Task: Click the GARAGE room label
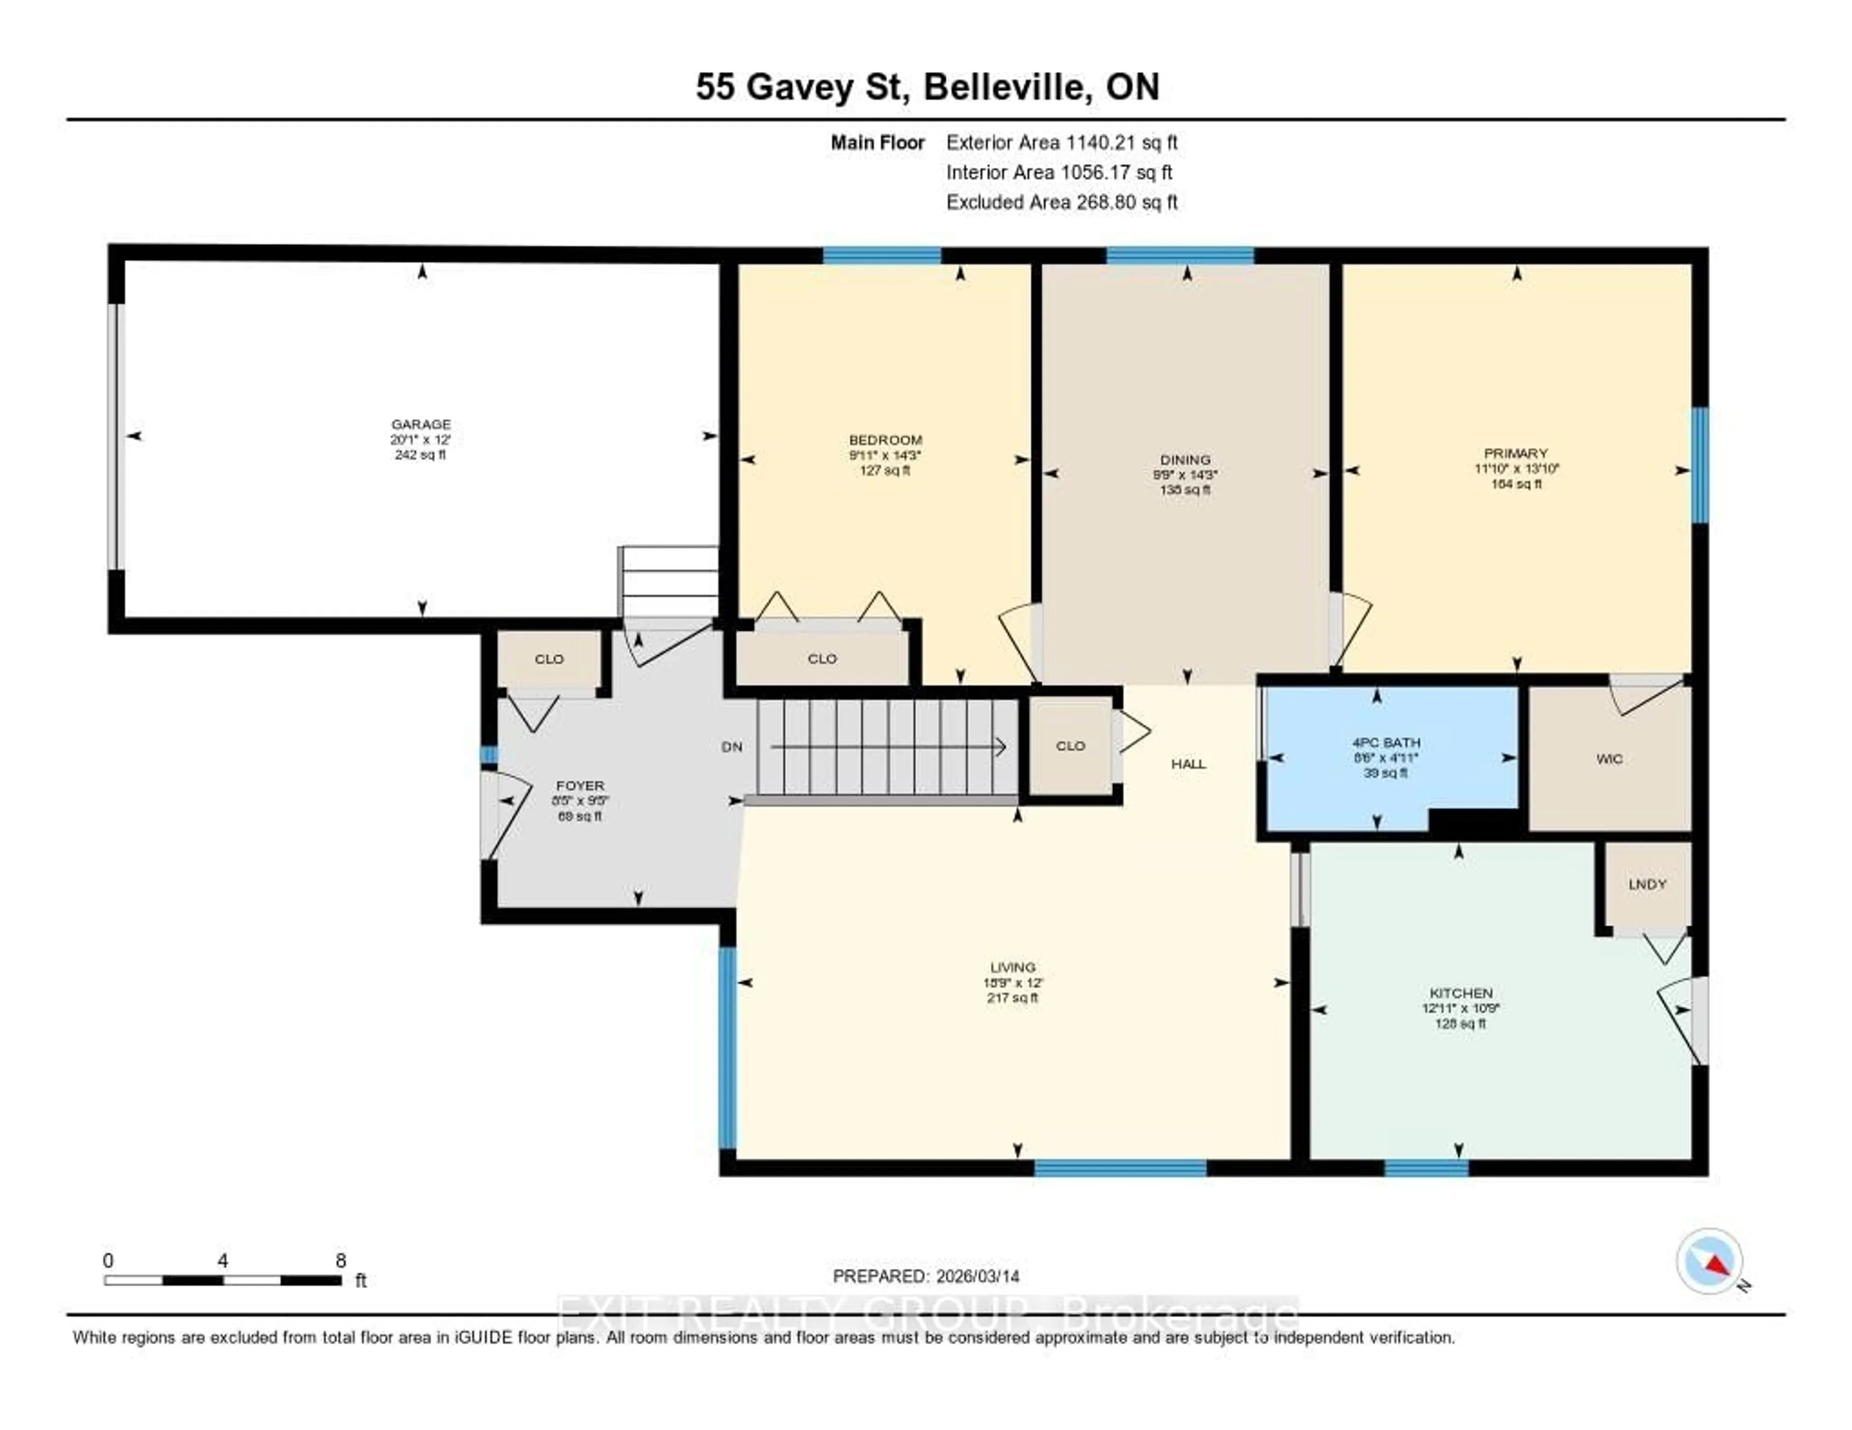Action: [x=421, y=424]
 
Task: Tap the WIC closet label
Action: [x=1608, y=759]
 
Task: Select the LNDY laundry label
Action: [x=1647, y=884]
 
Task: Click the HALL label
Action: [x=1188, y=764]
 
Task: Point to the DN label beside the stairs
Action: [x=732, y=747]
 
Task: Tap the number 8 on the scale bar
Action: [x=341, y=1260]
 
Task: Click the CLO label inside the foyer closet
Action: [x=549, y=659]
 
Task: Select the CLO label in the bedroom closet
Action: [x=822, y=659]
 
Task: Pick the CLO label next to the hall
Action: [x=1070, y=746]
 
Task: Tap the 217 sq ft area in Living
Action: [x=1012, y=998]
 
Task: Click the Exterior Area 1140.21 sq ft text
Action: [x=1062, y=142]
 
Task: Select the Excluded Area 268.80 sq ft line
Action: [x=1062, y=202]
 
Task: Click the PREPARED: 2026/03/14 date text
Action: [x=926, y=1276]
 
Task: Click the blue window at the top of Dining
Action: [x=1180, y=255]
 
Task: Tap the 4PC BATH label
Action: [x=1386, y=742]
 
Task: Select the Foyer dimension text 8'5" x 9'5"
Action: [x=580, y=801]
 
